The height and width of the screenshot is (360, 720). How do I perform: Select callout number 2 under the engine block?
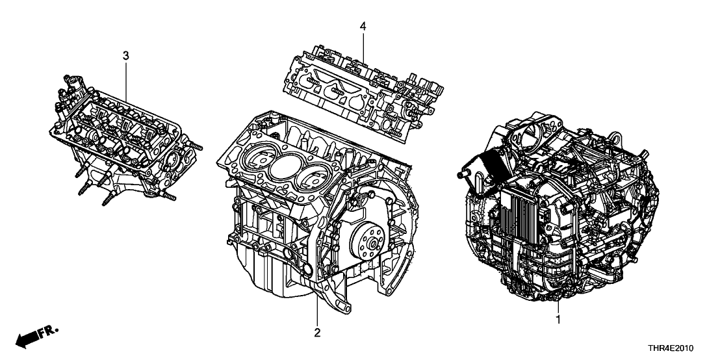(316, 334)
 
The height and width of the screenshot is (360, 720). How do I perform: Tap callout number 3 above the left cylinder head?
(126, 57)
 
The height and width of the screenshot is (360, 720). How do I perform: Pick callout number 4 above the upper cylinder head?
(363, 27)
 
